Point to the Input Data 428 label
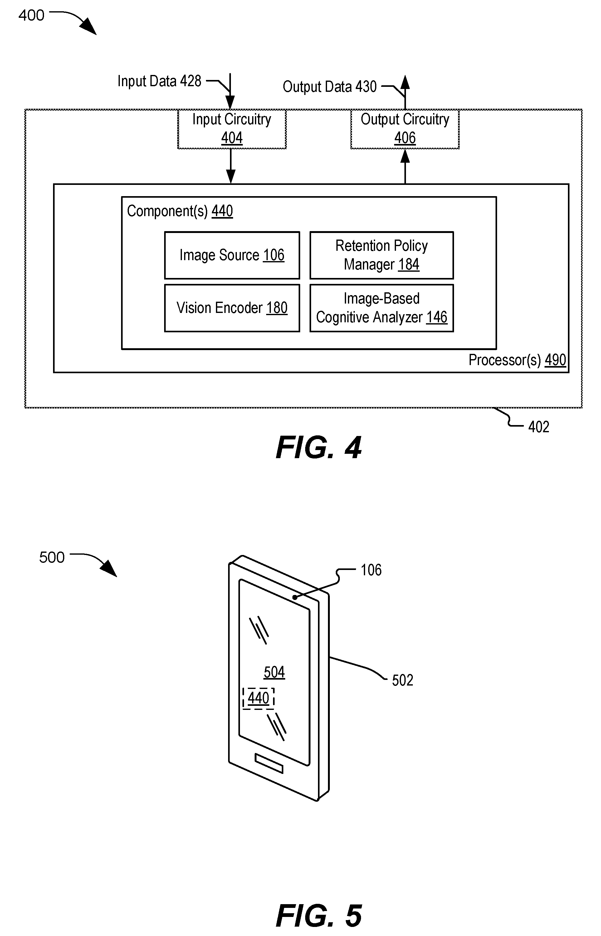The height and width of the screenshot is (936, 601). click(x=159, y=81)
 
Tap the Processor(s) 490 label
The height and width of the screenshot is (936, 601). click(x=517, y=360)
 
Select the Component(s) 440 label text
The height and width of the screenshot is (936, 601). click(x=180, y=211)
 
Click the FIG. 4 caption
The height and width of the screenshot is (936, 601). click(x=319, y=448)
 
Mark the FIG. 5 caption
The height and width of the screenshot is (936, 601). click(x=319, y=916)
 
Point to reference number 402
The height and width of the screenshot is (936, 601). click(x=539, y=427)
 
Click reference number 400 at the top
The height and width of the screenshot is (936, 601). click(x=31, y=16)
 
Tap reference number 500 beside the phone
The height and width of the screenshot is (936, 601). click(x=51, y=557)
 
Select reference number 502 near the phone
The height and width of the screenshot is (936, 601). click(x=402, y=680)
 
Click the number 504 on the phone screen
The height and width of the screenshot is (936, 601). click(x=274, y=672)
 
